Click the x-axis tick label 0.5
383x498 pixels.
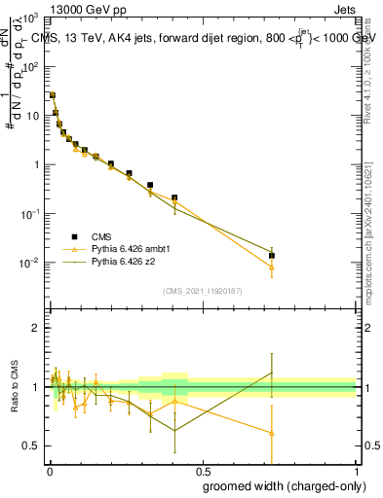(201, 471)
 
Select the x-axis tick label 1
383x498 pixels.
(356, 471)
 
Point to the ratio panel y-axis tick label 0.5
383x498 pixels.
(30, 445)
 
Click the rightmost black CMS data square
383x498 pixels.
(272, 256)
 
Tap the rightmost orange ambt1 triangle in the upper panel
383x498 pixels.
(272, 267)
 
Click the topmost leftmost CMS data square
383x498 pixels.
(52, 95)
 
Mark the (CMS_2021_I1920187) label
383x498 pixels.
(201, 290)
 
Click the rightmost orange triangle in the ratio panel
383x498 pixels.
(272, 433)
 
